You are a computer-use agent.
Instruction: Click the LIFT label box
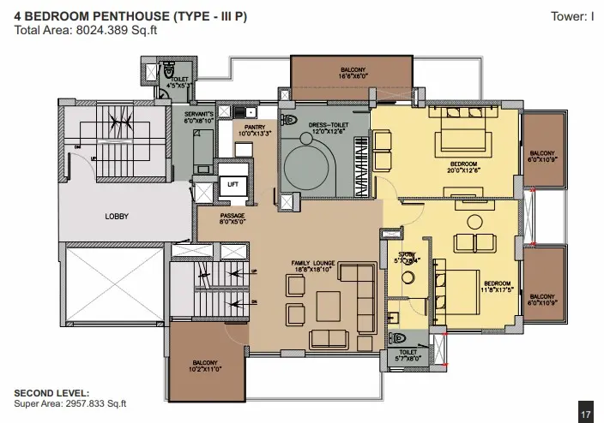click(x=232, y=184)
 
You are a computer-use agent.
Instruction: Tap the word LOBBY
click(x=117, y=217)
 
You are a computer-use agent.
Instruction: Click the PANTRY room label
click(x=253, y=130)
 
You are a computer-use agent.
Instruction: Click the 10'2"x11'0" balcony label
click(x=205, y=366)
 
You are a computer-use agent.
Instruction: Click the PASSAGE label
click(x=233, y=218)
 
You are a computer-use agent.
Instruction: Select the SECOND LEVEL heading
click(x=50, y=393)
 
